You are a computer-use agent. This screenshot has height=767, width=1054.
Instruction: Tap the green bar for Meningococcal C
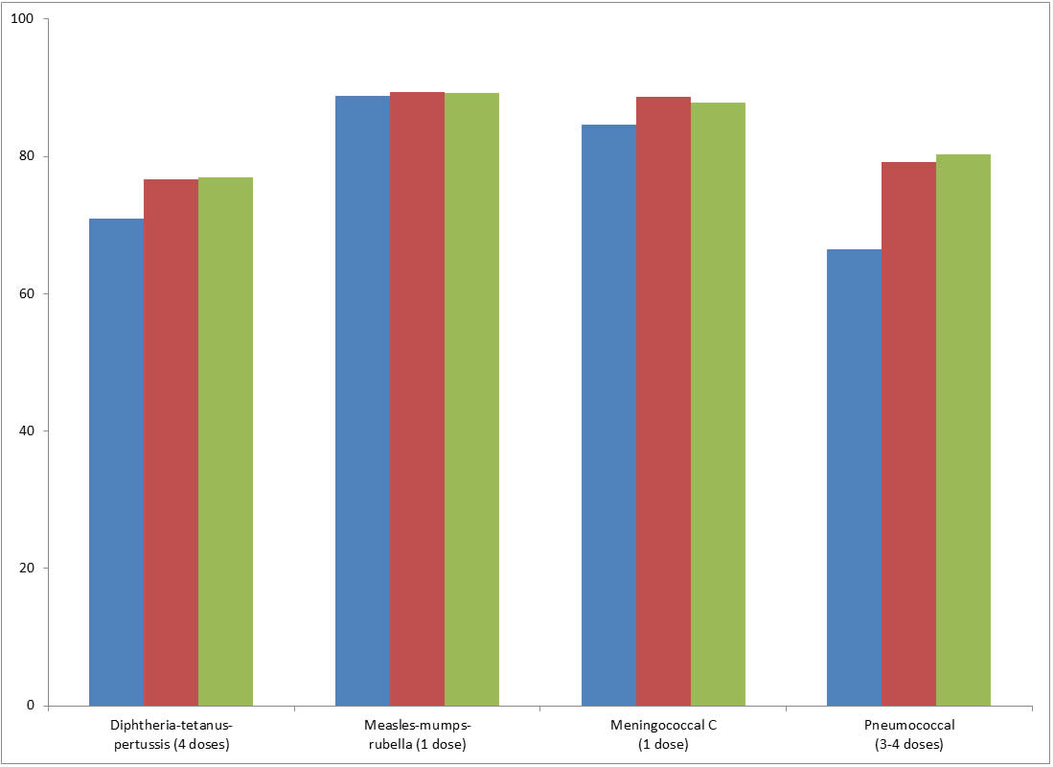718,404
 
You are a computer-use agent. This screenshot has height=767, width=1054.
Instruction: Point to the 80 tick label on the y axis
27,156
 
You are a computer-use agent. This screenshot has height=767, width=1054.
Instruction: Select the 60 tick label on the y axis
27,293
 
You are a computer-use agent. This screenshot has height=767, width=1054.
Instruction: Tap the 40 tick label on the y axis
27,430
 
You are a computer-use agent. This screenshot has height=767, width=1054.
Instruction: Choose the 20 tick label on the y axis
27,568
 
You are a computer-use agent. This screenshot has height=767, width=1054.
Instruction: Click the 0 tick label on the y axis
31,706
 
